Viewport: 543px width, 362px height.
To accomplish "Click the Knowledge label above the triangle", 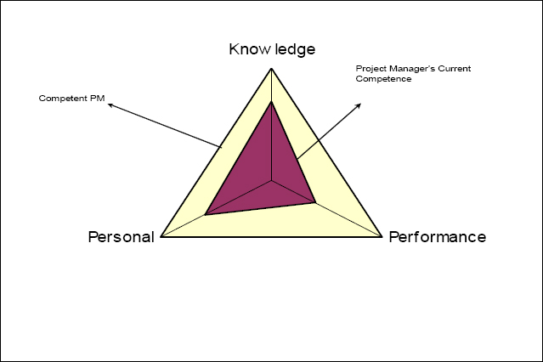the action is [x=272, y=49].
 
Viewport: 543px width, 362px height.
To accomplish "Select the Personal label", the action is [x=122, y=237].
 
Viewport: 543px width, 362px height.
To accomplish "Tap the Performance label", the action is [x=438, y=237].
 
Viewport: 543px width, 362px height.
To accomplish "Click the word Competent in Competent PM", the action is [x=63, y=99].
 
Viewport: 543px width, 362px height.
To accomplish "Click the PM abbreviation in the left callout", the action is [x=98, y=99].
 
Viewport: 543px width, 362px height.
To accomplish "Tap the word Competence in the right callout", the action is [x=383, y=79].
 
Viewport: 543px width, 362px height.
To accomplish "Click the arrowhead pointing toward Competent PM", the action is [x=110, y=105].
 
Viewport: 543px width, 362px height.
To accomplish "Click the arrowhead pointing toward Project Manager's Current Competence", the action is [x=359, y=105].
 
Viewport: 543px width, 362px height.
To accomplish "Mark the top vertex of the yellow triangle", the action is [x=272, y=69].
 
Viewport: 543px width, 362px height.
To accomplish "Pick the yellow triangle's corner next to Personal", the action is [x=161, y=236].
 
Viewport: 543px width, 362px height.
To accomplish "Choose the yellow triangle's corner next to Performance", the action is [x=382, y=236].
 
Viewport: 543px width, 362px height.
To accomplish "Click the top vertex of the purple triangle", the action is [x=272, y=101].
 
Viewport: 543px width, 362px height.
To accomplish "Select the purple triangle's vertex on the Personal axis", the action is [x=206, y=214].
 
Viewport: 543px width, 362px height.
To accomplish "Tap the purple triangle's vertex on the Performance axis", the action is [x=315, y=202].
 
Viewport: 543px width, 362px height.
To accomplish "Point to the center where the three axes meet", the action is [x=272, y=180].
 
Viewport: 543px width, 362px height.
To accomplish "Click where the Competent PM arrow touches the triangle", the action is [x=221, y=147].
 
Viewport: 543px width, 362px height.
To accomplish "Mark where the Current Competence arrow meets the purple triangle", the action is [x=297, y=160].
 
